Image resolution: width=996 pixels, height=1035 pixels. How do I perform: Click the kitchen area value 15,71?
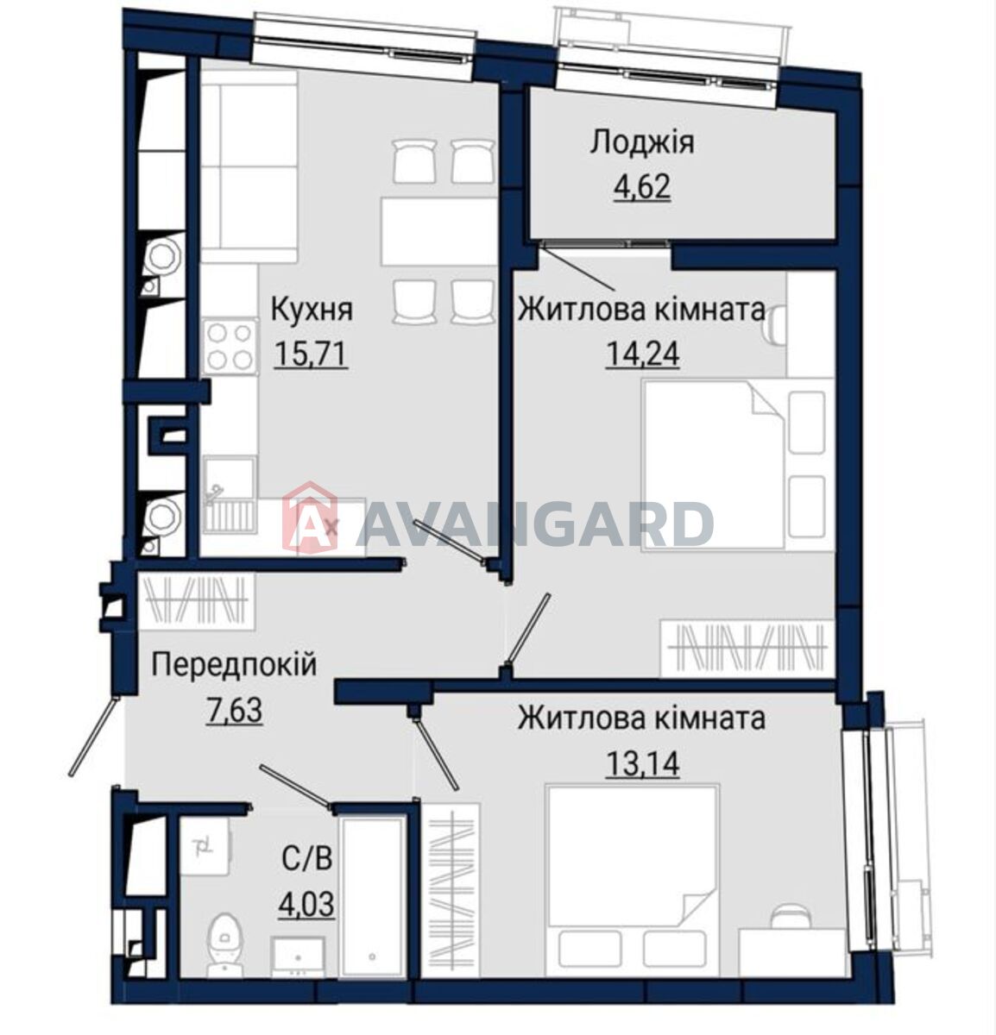(312, 354)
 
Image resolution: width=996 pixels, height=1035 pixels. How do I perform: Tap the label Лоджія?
(642, 142)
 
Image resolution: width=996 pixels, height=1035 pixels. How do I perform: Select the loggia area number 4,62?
(642, 186)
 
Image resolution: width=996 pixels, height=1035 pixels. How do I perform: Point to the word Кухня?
(312, 310)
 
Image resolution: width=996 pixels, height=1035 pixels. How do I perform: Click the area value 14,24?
(642, 354)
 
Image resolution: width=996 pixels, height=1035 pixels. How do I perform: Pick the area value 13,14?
(642, 764)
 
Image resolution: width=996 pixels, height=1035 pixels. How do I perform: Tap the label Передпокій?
(234, 666)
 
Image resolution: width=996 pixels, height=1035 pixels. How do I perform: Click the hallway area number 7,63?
(234, 710)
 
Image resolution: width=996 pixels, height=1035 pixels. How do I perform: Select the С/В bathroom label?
(307, 859)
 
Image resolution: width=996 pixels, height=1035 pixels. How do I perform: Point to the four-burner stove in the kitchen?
(230, 347)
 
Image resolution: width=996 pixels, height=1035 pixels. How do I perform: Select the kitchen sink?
(230, 494)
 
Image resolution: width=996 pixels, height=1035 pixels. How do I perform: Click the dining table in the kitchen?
(438, 231)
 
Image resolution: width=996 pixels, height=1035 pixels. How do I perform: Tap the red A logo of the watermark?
(309, 518)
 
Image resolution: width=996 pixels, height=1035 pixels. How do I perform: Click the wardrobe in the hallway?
(197, 601)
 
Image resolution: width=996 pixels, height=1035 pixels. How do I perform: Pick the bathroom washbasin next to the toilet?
(297, 957)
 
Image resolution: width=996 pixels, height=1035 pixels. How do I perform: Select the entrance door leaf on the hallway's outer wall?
(92, 737)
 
